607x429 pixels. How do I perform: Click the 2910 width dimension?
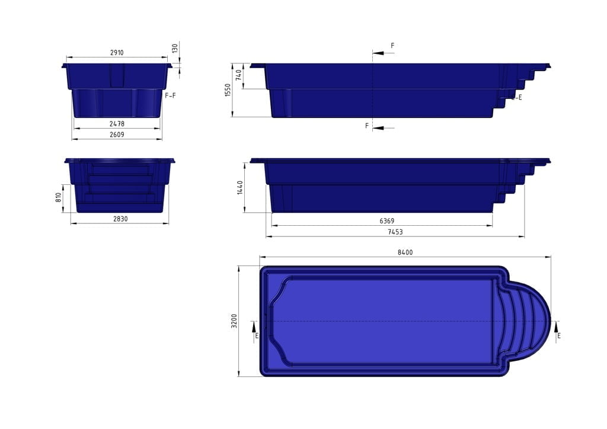[x=117, y=53]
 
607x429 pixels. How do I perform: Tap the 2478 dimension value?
[x=117, y=123]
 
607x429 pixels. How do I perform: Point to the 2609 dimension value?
[x=117, y=135]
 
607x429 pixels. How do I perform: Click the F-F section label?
[x=170, y=95]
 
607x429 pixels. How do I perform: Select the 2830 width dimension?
[x=119, y=219]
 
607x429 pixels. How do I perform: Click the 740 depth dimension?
[x=238, y=76]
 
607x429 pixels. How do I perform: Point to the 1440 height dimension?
[x=241, y=187]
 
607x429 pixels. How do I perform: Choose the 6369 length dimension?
[x=388, y=221]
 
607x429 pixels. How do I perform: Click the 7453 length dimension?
[x=395, y=232]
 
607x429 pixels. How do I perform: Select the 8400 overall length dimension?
[x=405, y=252]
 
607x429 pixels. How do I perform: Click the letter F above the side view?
[x=392, y=45]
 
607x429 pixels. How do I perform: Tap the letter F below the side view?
[x=367, y=126]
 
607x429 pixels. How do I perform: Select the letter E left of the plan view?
[x=256, y=336]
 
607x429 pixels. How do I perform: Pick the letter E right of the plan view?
[x=558, y=336]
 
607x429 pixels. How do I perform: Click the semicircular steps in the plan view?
[x=525, y=321]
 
